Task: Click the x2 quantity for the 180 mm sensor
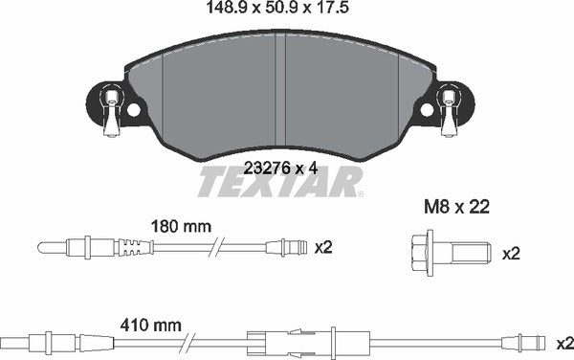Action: click(323, 247)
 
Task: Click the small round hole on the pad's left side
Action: click(133, 109)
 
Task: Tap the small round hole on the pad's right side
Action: click(426, 110)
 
